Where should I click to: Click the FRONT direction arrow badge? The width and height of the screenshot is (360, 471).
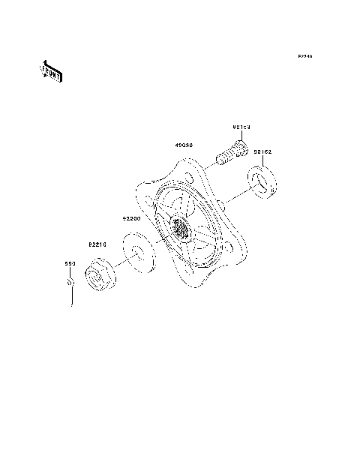tap(50, 72)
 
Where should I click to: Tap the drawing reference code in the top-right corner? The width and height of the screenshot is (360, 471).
tap(304, 57)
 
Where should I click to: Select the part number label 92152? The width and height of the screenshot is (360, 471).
tap(262, 151)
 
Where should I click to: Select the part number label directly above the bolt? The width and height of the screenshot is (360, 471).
tap(240, 127)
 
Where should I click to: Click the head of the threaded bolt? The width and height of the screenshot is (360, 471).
tap(238, 148)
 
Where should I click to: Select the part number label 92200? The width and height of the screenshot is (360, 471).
tap(132, 218)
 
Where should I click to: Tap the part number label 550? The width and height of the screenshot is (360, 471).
tap(67, 265)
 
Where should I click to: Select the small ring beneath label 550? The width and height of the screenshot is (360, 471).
tap(69, 284)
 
